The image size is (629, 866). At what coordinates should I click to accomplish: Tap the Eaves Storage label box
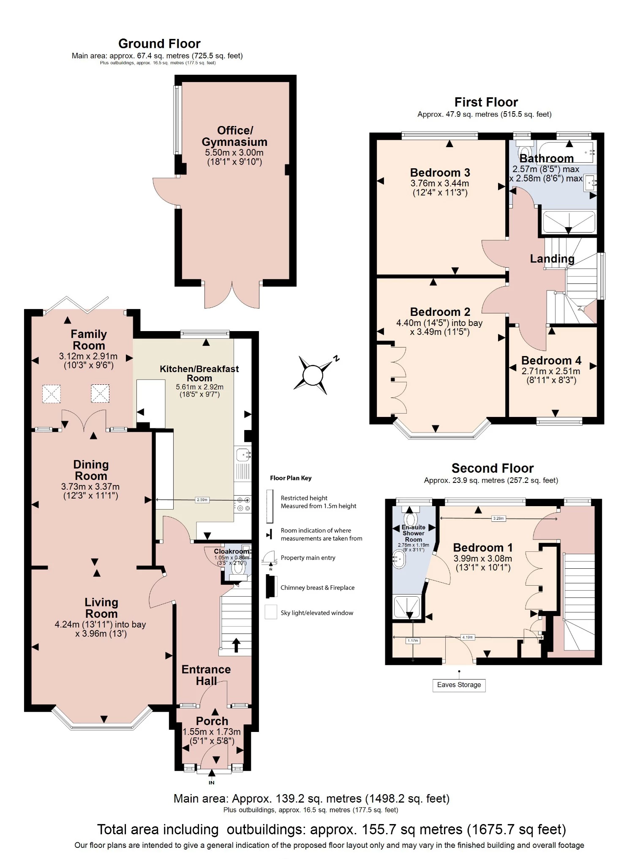459,685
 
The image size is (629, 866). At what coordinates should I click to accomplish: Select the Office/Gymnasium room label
234,136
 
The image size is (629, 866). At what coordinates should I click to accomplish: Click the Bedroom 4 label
551,360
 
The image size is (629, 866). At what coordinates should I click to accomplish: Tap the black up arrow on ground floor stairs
236,645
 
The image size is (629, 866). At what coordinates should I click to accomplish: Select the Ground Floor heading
159,44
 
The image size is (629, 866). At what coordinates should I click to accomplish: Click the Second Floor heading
492,468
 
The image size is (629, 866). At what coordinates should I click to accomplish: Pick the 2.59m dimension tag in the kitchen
202,500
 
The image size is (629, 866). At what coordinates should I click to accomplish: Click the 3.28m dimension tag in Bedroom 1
498,518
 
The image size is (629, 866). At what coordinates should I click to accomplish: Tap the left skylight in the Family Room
51,394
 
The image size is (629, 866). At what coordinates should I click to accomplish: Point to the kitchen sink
243,455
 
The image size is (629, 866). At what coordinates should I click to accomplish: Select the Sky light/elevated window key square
271,612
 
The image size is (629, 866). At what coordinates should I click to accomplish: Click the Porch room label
212,721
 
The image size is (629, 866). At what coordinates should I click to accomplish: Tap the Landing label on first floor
552,259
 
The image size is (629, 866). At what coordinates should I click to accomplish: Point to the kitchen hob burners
243,504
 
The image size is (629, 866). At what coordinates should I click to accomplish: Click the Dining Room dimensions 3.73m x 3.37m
90,487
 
